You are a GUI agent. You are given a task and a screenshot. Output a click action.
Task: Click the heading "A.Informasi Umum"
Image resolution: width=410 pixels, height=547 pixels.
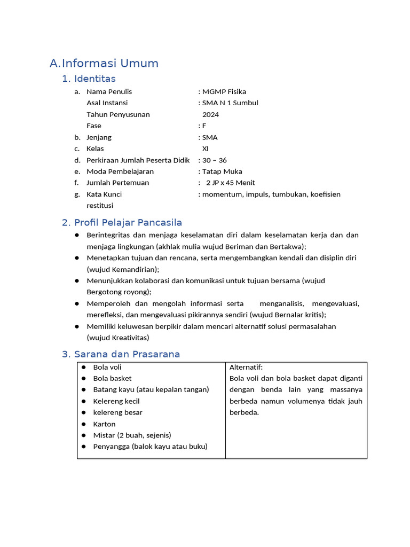104,64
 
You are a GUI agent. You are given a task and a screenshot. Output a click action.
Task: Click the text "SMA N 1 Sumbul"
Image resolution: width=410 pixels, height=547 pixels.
230,103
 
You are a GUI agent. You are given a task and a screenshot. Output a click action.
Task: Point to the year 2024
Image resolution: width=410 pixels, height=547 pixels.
210,114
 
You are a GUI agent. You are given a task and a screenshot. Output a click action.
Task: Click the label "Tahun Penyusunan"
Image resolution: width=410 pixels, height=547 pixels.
118,114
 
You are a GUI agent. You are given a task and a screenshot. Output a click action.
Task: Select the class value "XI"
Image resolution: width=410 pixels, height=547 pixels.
206,149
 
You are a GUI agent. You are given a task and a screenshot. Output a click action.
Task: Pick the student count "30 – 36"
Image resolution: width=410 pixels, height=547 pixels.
214,160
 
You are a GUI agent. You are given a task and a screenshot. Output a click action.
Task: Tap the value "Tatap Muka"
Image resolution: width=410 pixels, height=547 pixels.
222,171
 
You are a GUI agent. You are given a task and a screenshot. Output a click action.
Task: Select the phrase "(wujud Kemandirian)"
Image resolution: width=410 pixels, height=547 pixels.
123,269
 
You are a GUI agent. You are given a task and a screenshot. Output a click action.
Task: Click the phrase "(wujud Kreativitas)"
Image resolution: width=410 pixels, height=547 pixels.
118,338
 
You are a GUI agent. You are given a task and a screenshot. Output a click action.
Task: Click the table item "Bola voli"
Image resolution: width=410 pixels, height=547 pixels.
107,368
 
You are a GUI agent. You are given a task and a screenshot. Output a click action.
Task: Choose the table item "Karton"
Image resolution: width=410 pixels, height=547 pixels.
104,424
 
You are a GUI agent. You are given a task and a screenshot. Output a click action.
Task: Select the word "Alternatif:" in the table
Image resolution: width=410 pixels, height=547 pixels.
246,368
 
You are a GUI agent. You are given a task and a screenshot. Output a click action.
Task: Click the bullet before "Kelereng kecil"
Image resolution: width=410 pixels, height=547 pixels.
84,401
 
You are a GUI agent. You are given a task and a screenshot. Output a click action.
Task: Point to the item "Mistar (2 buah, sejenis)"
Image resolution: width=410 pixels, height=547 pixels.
132,435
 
